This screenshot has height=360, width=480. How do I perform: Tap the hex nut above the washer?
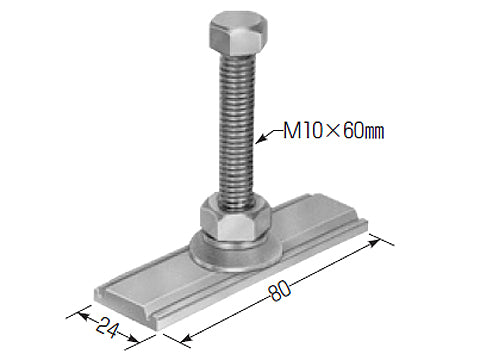pos(235,218)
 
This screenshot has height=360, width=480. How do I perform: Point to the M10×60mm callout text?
pos(333,131)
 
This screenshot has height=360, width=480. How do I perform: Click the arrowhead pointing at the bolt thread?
pos(262,138)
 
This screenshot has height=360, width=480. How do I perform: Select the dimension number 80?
pos(281,291)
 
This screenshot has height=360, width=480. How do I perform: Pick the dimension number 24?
pos(107,327)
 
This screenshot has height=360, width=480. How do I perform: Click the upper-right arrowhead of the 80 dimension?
pos(374,242)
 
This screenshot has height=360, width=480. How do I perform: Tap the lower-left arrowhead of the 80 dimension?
pos(186,338)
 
